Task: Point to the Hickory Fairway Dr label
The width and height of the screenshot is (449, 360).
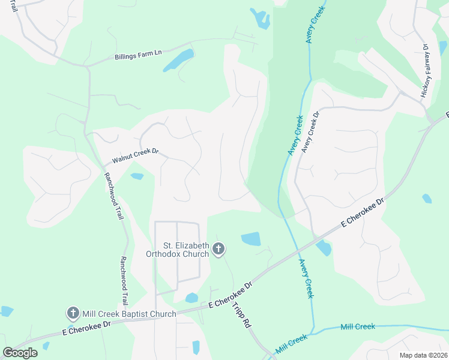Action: pyautogui.click(x=425, y=71)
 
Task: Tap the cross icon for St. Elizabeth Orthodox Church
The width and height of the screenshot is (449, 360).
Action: pyautogui.click(x=219, y=248)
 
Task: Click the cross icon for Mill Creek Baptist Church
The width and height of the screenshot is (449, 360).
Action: pyautogui.click(x=73, y=313)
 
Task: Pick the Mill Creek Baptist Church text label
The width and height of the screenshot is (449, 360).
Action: pyautogui.click(x=129, y=314)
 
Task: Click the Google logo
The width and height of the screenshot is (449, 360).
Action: pyautogui.click(x=20, y=353)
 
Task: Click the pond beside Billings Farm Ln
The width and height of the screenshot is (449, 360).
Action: pyautogui.click(x=178, y=61)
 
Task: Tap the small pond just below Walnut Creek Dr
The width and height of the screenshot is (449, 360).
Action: pyautogui.click(x=137, y=176)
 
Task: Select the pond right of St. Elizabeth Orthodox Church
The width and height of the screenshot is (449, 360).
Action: pyautogui.click(x=251, y=239)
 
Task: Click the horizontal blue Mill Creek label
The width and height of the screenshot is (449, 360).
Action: pyautogui.click(x=357, y=326)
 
